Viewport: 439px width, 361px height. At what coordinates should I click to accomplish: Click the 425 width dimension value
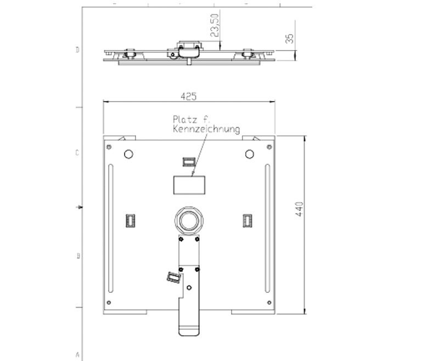click(x=188, y=96)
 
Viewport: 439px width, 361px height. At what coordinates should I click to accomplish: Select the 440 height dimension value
click(x=299, y=209)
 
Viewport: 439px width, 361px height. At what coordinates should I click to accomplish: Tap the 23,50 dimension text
click(x=215, y=25)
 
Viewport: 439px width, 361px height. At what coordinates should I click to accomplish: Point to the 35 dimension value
click(x=290, y=38)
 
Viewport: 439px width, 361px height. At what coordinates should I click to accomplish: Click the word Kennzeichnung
click(x=206, y=129)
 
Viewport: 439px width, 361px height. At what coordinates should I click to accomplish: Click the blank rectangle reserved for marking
click(x=189, y=185)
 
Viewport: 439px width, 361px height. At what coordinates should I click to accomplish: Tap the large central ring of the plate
click(x=189, y=220)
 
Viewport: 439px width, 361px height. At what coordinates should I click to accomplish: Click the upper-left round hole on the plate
click(x=128, y=154)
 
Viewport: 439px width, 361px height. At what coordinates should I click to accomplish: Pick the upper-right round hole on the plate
click(x=250, y=154)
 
